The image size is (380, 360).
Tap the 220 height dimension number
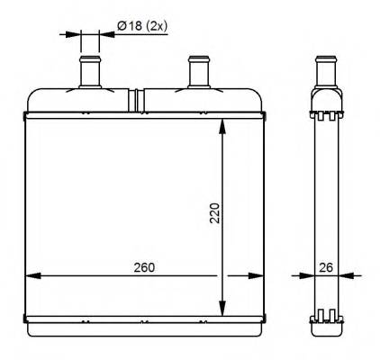213,213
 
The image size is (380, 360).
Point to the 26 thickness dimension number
327,267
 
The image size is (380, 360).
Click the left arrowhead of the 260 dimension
32,275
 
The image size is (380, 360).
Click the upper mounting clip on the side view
327,114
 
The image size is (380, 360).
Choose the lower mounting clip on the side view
327,317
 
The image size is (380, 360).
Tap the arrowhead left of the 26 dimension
309,275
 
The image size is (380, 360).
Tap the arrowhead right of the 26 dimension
345,275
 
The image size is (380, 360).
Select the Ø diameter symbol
122,28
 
